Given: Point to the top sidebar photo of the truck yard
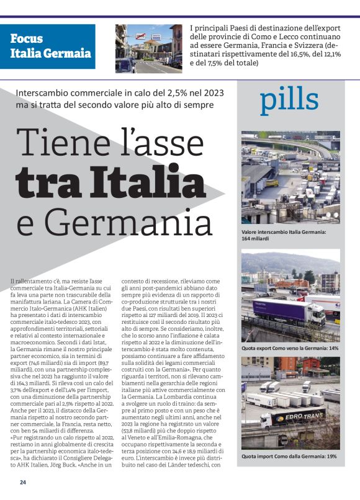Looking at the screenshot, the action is (x=290, y=177).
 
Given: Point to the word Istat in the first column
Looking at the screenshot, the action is (x=92, y=342).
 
